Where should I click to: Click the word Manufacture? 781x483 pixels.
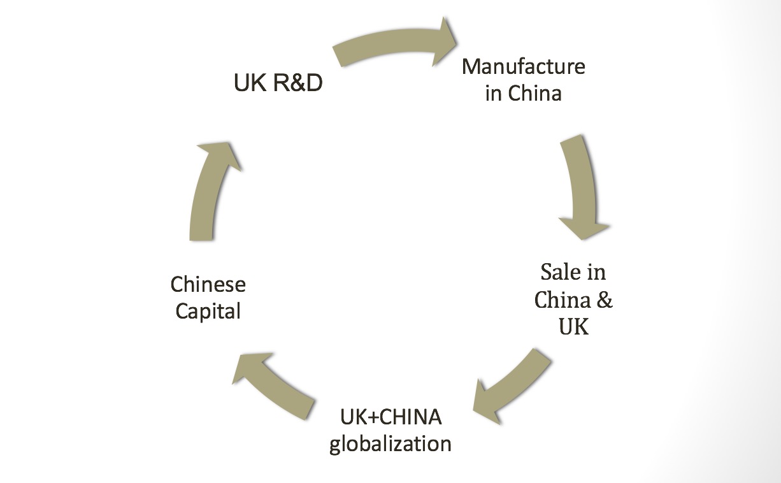click(x=523, y=66)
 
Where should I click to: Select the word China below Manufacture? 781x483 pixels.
click(x=535, y=94)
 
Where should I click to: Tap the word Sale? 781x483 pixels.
click(x=558, y=272)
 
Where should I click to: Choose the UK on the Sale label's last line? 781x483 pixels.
click(x=573, y=327)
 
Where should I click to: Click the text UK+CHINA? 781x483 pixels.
click(x=390, y=417)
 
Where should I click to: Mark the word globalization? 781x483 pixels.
click(x=390, y=443)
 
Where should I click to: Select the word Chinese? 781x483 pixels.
click(x=208, y=284)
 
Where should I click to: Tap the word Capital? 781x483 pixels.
click(x=208, y=312)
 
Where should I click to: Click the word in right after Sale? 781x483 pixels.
click(x=597, y=272)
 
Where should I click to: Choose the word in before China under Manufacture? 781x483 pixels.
click(x=494, y=94)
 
